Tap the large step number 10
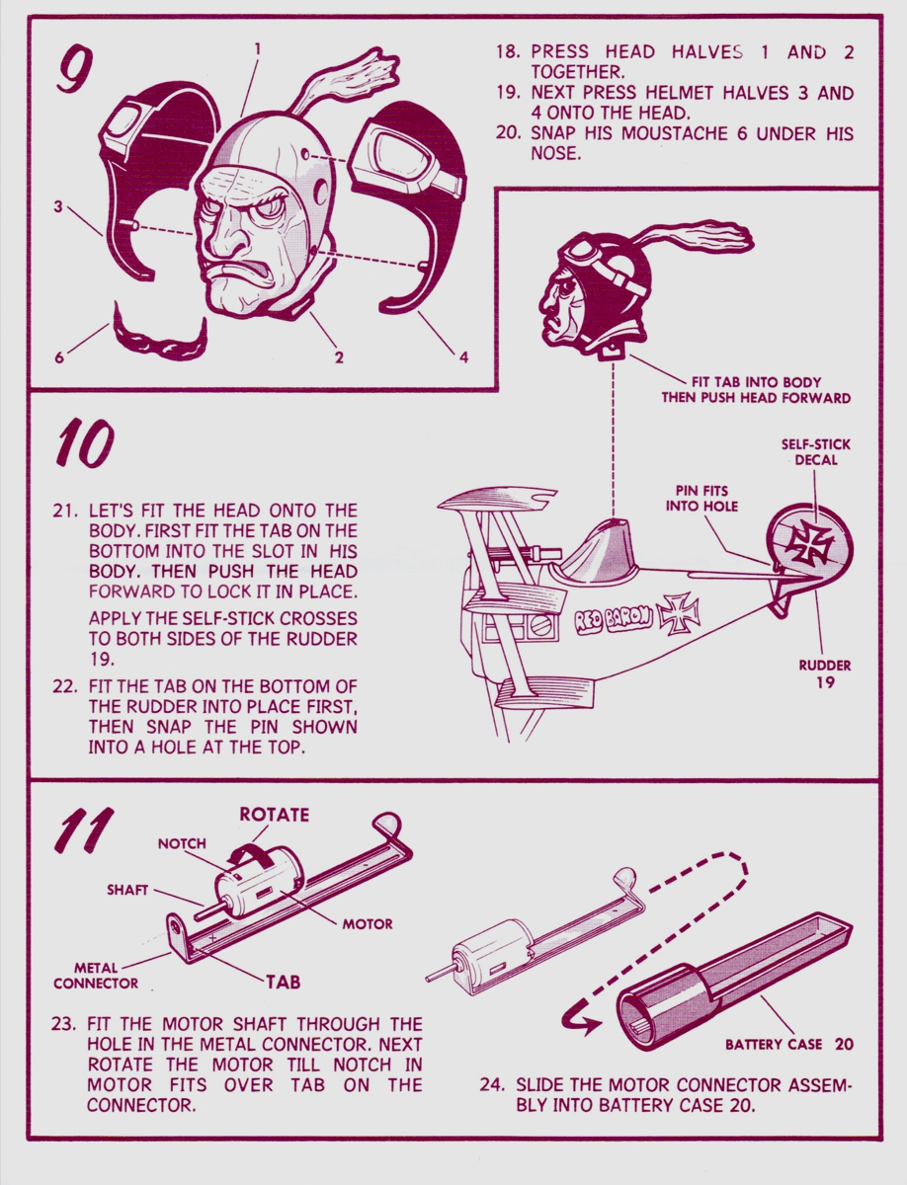coord(85,442)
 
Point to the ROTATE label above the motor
coord(275,814)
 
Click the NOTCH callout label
coord(182,843)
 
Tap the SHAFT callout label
coord(127,890)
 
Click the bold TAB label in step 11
coord(284,982)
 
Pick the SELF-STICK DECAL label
coord(816,452)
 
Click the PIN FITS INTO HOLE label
coord(701,499)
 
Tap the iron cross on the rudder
coord(809,542)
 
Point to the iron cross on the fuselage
coord(678,613)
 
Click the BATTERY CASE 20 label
coord(789,1045)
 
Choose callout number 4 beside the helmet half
coord(463,357)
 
